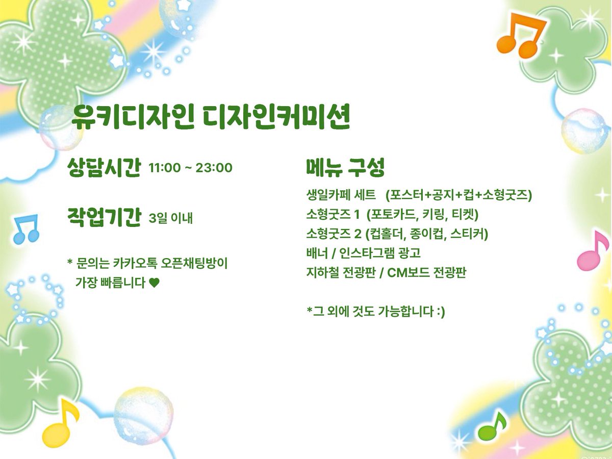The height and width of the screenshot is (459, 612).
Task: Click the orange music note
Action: click(519, 36)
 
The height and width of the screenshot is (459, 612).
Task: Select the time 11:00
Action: click(165, 168)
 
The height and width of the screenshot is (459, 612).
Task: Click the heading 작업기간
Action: click(104, 217)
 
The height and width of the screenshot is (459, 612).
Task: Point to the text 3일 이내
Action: click(171, 218)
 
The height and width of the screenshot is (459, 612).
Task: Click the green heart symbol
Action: click(154, 283)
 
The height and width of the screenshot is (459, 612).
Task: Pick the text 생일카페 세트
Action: click(341, 195)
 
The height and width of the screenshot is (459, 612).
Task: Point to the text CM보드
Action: click(408, 272)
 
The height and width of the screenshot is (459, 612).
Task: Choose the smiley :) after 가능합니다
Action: click(441, 312)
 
